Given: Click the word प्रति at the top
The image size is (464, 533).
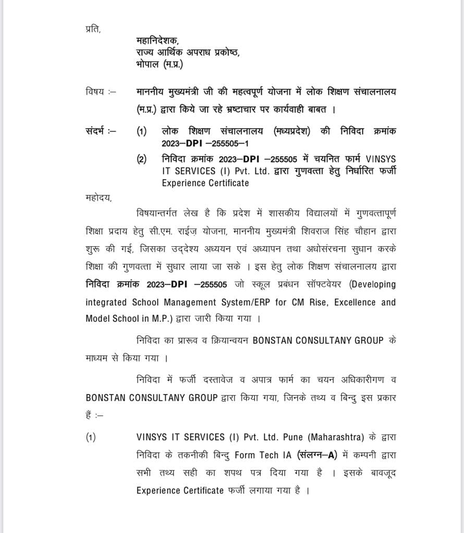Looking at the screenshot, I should (x=93, y=29).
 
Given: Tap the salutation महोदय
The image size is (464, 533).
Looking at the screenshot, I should (x=98, y=197).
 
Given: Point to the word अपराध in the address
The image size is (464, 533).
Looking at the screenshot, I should (x=199, y=53).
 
